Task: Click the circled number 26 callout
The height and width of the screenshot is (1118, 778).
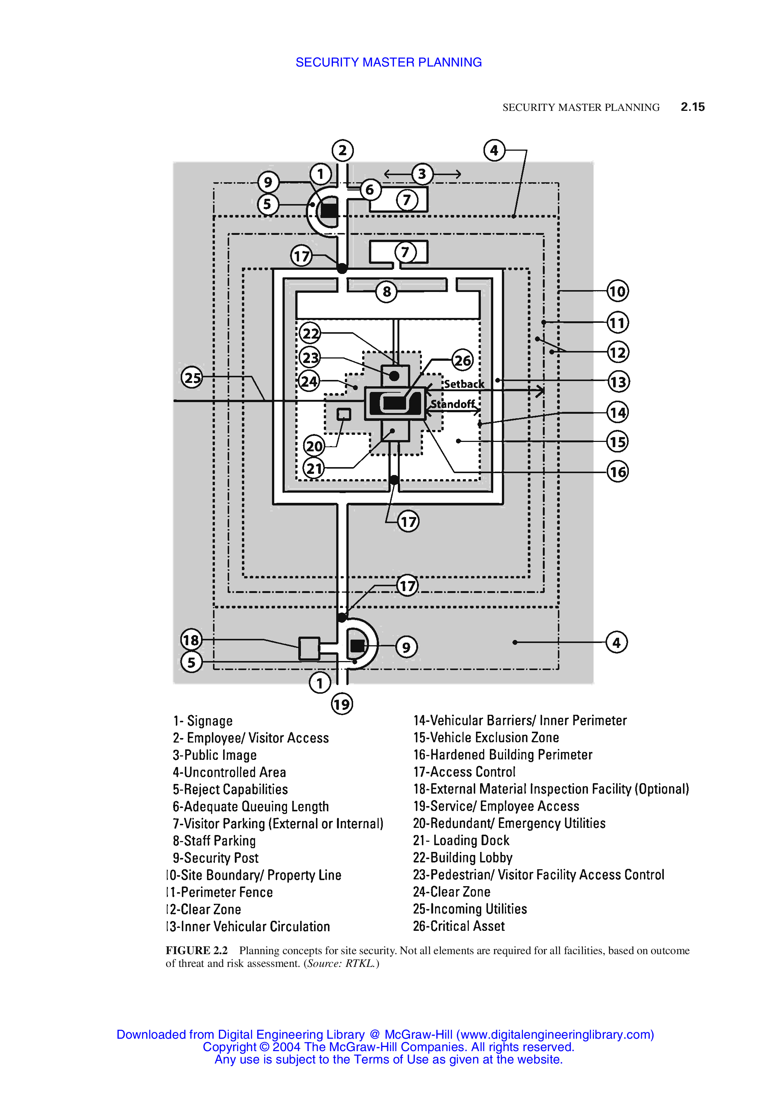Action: tap(462, 360)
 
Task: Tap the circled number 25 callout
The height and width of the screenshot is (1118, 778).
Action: tap(192, 377)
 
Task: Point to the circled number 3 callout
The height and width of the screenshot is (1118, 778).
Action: tap(421, 174)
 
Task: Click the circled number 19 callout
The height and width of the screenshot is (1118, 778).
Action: tap(342, 703)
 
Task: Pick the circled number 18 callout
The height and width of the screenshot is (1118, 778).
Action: tap(191, 639)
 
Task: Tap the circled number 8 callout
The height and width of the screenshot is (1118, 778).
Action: tap(387, 292)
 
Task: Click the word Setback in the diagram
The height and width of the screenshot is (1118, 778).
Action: tap(464, 384)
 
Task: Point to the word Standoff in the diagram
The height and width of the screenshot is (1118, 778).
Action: tap(453, 404)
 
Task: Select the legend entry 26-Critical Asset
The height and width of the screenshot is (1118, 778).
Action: tap(459, 926)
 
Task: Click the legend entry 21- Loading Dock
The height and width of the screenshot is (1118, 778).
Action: tap(461, 840)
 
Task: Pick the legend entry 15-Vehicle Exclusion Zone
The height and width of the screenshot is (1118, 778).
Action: tap(486, 737)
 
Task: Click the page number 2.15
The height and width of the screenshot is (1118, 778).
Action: tap(692, 107)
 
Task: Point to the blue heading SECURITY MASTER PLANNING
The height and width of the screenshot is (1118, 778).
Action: tap(388, 62)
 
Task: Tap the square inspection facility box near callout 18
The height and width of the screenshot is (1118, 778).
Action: tap(309, 648)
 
